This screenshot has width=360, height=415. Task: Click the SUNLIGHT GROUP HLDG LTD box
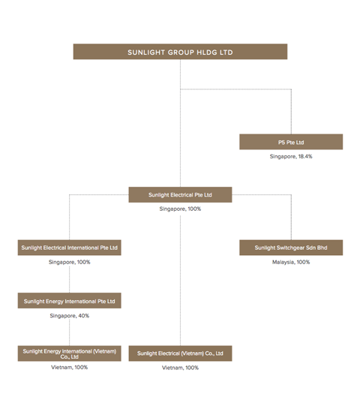coord(180,52)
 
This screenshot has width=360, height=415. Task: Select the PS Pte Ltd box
coord(291,142)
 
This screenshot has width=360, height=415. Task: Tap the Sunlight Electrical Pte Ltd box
coord(180,195)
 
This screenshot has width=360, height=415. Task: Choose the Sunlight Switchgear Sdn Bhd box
coord(291,248)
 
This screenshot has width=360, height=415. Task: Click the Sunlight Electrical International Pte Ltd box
coord(69,248)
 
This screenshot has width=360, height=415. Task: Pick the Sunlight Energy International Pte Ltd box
coord(69,301)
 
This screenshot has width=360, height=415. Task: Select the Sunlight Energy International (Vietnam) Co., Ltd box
coord(69,353)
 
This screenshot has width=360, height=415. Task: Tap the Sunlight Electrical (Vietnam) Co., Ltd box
coord(180,353)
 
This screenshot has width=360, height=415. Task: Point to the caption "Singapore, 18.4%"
coord(291,157)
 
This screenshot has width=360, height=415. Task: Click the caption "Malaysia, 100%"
coord(291,263)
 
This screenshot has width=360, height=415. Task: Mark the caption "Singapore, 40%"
coord(69,316)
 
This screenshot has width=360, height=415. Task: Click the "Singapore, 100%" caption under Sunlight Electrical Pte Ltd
coord(180,209)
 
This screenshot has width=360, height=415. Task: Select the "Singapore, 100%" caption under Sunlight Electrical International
coord(69,263)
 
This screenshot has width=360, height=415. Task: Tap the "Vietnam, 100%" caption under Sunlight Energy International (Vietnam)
coord(69,368)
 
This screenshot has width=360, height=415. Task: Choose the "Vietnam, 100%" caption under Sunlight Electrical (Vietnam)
coord(180,368)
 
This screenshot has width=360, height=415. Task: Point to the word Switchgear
coord(289,248)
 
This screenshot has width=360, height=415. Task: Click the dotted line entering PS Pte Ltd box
coord(291,113)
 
